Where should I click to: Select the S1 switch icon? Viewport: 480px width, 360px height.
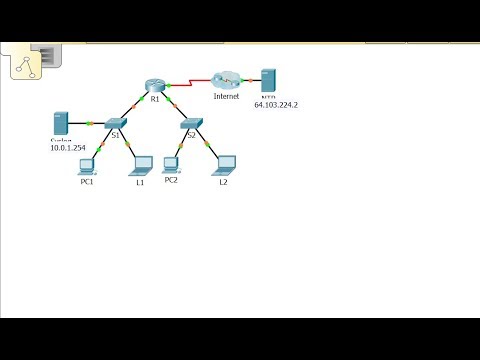[113, 122]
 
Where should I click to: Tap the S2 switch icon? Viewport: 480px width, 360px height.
[193, 122]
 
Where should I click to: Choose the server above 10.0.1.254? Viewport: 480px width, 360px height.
[60, 124]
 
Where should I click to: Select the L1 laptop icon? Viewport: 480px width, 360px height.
[141, 163]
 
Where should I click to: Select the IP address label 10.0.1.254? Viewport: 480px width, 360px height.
[69, 147]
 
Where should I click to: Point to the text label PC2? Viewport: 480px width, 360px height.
[171, 180]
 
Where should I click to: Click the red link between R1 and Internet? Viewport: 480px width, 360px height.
[190, 81]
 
